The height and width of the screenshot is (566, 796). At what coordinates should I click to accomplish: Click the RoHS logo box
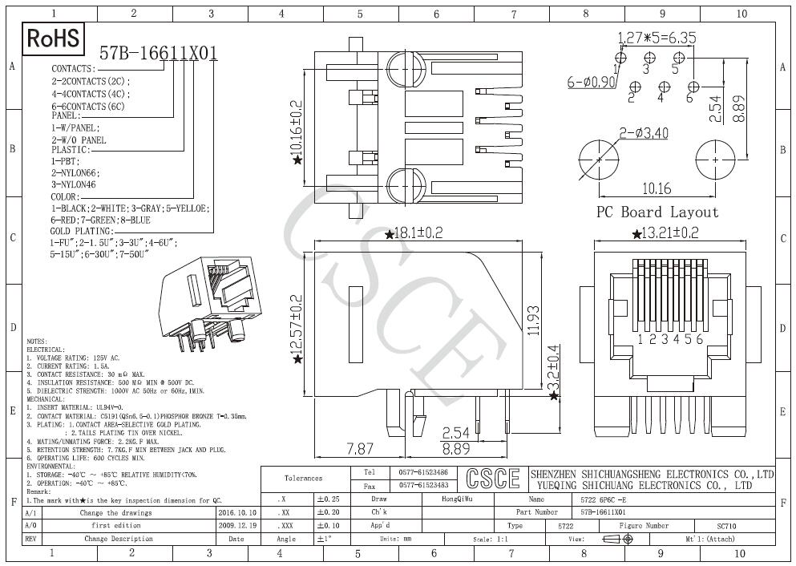pyautogui.click(x=55, y=38)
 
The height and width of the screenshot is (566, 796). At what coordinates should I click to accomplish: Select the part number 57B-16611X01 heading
pyautogui.click(x=158, y=54)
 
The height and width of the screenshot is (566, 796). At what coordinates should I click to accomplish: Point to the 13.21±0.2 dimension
pyautogui.click(x=660, y=233)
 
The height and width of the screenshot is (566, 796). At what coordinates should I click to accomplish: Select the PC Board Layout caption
pyautogui.click(x=657, y=212)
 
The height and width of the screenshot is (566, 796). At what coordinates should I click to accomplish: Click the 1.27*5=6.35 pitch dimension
pyautogui.click(x=657, y=38)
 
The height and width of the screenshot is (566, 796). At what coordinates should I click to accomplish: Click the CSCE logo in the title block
pyautogui.click(x=492, y=479)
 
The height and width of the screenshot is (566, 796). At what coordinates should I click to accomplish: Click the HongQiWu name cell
pyautogui.click(x=458, y=498)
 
